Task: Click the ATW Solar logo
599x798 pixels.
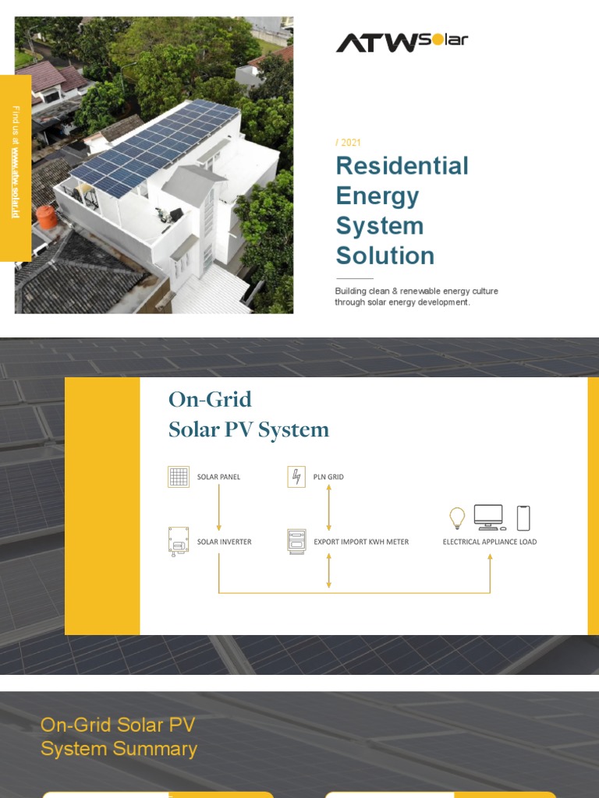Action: coord(402,41)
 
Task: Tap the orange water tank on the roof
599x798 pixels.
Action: coord(48,217)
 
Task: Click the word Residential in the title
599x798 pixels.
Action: coord(402,166)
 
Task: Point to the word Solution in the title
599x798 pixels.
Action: coord(385,256)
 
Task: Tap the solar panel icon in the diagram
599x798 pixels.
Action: coord(179,477)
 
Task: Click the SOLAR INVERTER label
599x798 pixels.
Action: coord(224,542)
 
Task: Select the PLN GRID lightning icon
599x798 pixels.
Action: coord(296,477)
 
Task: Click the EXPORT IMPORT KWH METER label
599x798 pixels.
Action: coord(361,542)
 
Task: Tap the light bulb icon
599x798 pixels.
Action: coord(457,517)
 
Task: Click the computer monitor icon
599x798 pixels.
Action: coord(489,517)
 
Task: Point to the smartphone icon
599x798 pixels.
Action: coord(523,517)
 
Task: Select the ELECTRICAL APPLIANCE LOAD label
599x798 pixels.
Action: coord(490,542)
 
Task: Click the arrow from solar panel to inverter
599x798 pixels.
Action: coord(218,507)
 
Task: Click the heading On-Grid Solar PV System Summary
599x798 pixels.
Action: coord(119,736)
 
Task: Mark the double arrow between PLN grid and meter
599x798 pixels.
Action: coord(328,507)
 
